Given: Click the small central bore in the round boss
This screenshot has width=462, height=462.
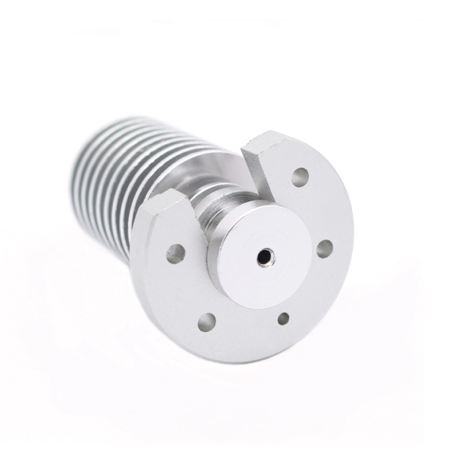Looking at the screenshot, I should point(266,255).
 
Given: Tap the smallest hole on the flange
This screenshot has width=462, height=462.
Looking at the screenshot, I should point(282,319).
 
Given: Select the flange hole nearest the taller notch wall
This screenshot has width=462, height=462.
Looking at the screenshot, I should point(300,176).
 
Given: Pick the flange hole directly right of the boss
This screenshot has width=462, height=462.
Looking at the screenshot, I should point(324,249).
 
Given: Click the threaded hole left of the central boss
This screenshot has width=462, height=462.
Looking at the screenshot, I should point(175,253).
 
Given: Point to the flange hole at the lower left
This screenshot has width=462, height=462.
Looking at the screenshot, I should point(207,323).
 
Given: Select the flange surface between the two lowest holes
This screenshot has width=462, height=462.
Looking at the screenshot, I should point(244,330).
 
